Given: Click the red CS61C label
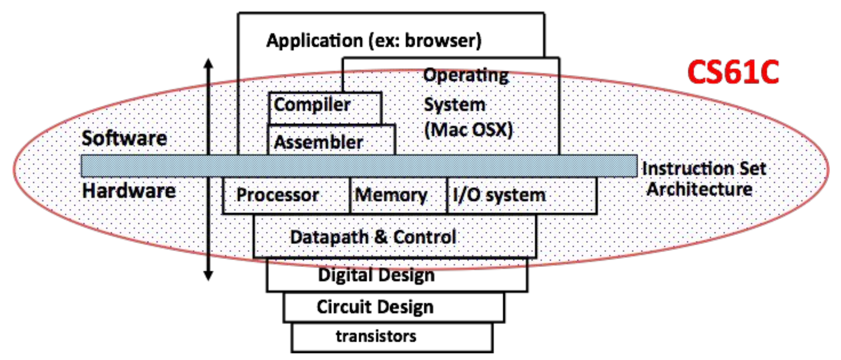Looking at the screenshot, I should point(733,72).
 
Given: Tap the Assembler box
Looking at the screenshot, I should point(331,141).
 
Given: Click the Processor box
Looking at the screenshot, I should point(286,195).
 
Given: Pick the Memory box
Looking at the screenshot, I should point(398,195).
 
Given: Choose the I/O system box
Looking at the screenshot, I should point(521,195).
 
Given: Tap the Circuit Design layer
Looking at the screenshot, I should point(393,308).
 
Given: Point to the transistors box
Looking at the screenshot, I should point(392,337).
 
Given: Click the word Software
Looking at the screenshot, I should point(124,138).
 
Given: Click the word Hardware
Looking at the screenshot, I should point(129,191).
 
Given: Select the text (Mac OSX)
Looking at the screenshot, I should point(468,130).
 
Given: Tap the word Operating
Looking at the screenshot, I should point(466,75).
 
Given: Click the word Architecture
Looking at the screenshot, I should point(699,190).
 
